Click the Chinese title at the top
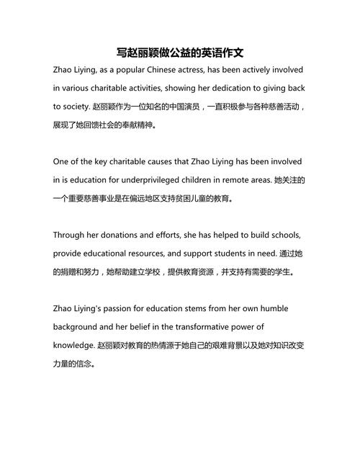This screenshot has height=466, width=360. (179, 53)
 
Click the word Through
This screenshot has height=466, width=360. (71, 235)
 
